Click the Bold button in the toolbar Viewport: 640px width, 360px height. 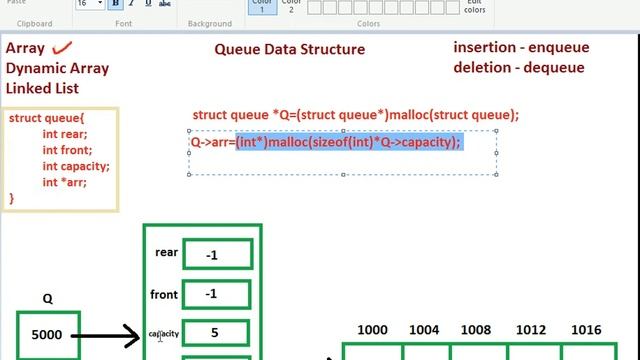(x=117, y=4)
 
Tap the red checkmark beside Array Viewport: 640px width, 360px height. (x=65, y=47)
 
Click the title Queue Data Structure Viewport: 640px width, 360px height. (x=290, y=49)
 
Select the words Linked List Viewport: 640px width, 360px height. (x=43, y=89)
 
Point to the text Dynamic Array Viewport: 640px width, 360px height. (x=57, y=69)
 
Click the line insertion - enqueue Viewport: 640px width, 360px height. (x=521, y=47)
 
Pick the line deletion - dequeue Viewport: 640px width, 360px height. (x=519, y=68)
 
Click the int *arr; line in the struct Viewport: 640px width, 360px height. (x=64, y=182)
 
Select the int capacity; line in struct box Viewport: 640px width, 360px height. (x=76, y=166)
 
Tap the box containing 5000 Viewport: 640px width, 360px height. (x=48, y=336)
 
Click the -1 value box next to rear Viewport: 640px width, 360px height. (x=211, y=255)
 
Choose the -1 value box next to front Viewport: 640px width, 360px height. (x=211, y=294)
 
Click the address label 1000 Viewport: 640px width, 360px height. (x=373, y=330)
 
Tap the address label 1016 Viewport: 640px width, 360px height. (x=586, y=330)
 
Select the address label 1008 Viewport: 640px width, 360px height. (x=480, y=330)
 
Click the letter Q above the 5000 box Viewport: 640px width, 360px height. (x=47, y=299)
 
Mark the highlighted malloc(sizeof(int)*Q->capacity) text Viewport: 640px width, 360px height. (x=348, y=142)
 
